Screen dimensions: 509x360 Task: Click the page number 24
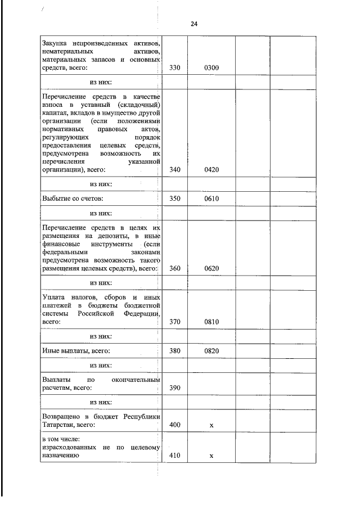click(194, 24)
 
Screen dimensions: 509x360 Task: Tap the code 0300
click(211, 69)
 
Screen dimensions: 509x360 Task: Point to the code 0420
click(211, 169)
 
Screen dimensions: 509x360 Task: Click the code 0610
click(211, 198)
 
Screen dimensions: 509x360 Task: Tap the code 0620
click(211, 268)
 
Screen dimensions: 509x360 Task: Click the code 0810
click(211, 322)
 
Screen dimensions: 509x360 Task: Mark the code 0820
click(211, 351)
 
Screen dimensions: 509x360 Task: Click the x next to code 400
click(211, 426)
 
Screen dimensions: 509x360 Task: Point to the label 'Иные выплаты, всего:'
click(76, 351)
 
